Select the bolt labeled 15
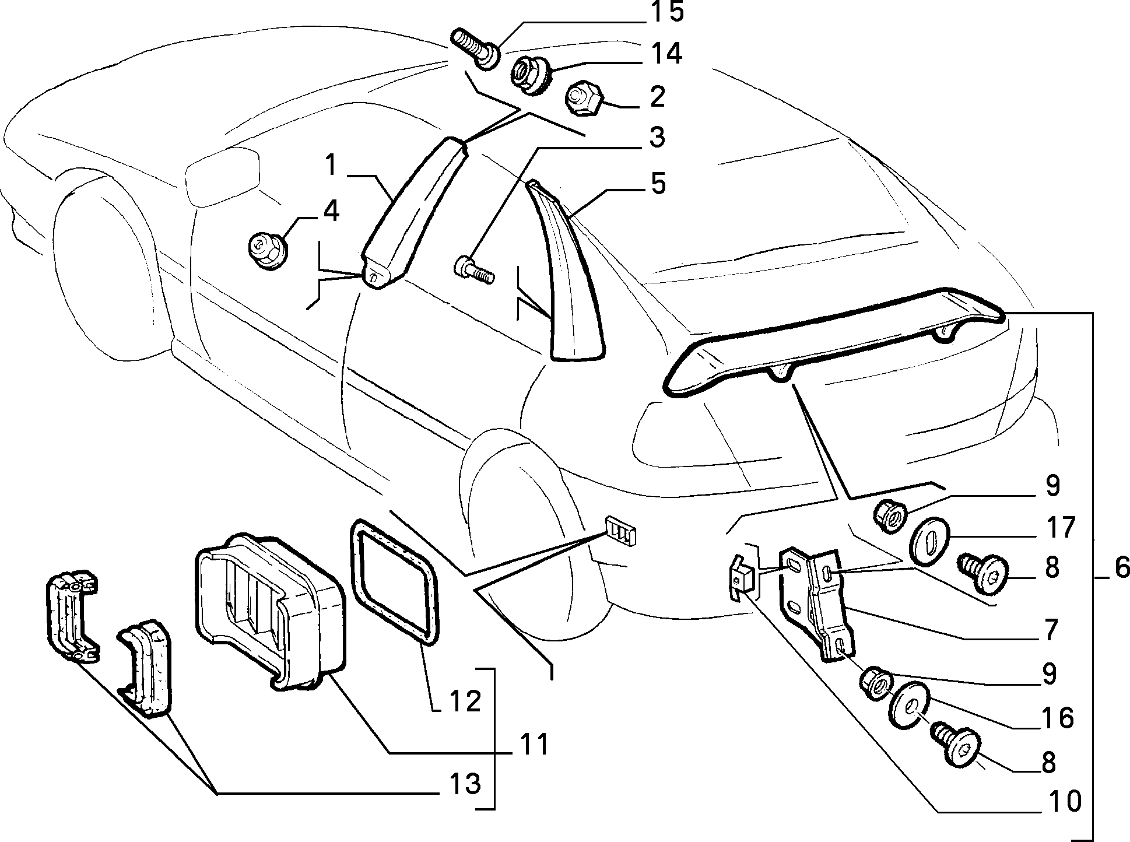click(475, 50)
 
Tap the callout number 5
click(658, 184)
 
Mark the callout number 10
click(1064, 802)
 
